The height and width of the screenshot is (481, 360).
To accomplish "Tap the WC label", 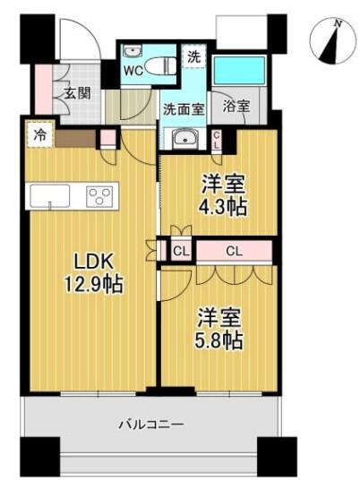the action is click(x=133, y=71).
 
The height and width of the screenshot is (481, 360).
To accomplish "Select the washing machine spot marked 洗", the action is click(x=193, y=56).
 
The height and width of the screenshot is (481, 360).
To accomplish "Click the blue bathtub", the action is click(x=239, y=70).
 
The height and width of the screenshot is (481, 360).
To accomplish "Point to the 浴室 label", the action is click(x=236, y=106).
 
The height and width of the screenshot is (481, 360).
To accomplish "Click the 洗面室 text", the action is click(x=184, y=109).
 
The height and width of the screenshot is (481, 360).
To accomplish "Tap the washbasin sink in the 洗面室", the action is click(x=184, y=138).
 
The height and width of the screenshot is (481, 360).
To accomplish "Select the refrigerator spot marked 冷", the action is click(x=40, y=135).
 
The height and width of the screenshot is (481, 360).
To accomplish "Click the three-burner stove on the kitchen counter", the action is click(x=99, y=196).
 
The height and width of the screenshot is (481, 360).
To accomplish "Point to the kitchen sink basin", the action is click(x=50, y=196).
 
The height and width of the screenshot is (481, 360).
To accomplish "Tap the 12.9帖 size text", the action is click(x=93, y=284).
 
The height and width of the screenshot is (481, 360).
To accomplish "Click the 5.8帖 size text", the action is click(x=219, y=340).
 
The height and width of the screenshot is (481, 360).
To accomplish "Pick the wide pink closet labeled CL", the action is click(x=234, y=252).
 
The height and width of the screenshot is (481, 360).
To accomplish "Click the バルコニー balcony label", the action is click(x=151, y=425).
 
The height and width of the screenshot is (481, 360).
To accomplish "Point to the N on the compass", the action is click(x=339, y=23).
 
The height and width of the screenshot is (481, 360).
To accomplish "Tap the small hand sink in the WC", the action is click(x=133, y=51).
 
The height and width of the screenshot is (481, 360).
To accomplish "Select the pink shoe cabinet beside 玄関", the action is click(x=43, y=90).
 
